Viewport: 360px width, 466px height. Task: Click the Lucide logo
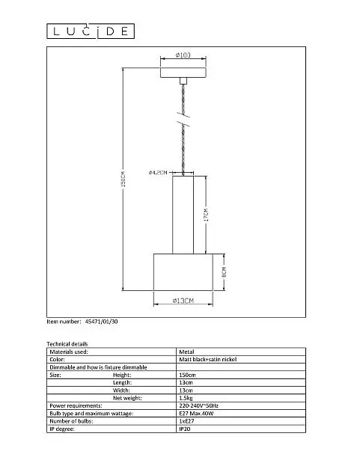[x=91, y=31]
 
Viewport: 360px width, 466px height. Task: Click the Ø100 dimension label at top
[x=183, y=55]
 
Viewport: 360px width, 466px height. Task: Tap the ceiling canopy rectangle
[x=183, y=73]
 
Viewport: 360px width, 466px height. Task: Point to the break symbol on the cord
[x=183, y=119]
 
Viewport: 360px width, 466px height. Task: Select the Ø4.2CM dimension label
[x=158, y=172]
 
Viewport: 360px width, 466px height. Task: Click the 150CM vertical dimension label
[x=123, y=179]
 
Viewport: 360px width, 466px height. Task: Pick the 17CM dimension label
[x=206, y=215]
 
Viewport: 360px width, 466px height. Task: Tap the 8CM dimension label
[x=224, y=272]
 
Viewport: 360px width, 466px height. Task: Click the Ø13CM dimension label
[x=183, y=301]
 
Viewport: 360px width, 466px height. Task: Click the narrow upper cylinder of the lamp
[x=183, y=215]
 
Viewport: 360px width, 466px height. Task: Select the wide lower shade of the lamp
[x=183, y=272]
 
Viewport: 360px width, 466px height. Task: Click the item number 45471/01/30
[x=101, y=322]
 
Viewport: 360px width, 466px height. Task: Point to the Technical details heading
[x=67, y=344]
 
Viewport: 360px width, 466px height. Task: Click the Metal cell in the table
[x=186, y=352]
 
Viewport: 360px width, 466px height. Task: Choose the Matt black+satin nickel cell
[x=208, y=359]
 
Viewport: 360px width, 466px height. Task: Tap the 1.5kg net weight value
[x=186, y=398]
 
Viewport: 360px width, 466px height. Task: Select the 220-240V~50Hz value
[x=198, y=405]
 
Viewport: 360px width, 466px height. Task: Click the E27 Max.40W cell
[x=196, y=414]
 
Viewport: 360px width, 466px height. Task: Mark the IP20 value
[x=185, y=429]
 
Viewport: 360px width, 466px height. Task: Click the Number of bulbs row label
[x=71, y=421]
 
